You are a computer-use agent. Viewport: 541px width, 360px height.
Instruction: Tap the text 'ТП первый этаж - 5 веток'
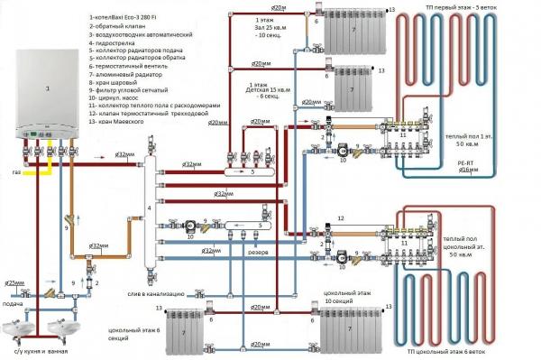coord(463,6)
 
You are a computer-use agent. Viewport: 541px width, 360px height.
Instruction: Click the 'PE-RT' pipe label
coord(466,160)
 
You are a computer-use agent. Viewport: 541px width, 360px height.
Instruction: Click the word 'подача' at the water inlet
coord(13,304)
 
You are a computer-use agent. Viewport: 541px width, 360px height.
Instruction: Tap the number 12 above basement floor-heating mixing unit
coord(341,219)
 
